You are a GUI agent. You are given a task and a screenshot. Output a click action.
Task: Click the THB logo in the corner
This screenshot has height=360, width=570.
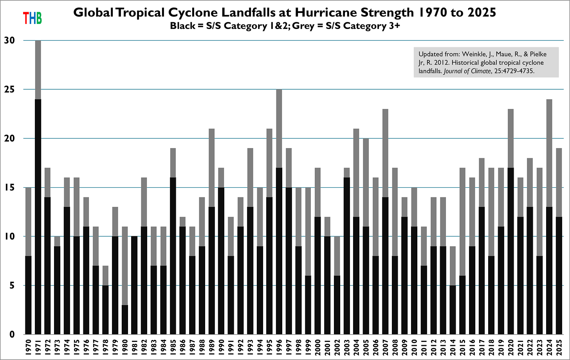tap(32, 18)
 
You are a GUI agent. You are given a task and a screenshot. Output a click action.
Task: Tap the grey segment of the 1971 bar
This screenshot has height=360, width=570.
tap(38, 70)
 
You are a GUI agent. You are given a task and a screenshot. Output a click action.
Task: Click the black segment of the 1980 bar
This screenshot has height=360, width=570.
tap(125, 319)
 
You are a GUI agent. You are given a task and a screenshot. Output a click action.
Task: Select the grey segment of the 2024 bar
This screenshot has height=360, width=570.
tap(550, 153)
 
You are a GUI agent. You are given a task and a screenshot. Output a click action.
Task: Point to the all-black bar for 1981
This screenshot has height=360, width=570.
tap(135, 285)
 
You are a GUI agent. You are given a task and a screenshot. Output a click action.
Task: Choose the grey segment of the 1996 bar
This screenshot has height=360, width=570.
tap(279, 128)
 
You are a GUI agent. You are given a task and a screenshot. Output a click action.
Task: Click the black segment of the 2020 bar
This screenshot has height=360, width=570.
tap(511, 251)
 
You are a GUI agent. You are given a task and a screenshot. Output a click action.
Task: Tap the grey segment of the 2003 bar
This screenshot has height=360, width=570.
tap(347, 173)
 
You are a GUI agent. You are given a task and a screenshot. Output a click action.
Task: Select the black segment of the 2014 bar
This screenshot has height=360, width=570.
tap(453, 309)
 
